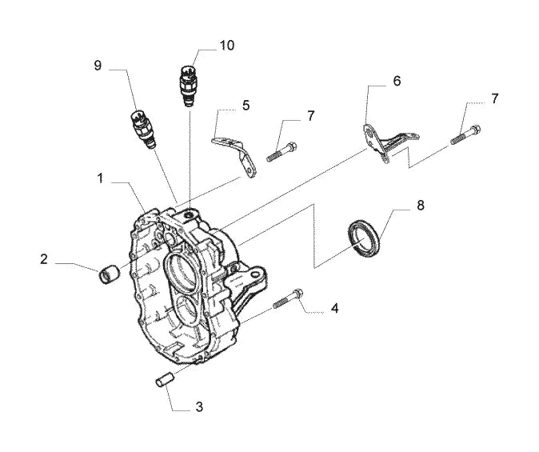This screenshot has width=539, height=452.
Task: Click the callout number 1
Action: pyautogui.click(x=100, y=178)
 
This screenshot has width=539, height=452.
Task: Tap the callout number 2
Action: pyautogui.click(x=43, y=259)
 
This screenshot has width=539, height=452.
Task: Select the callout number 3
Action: pyautogui.click(x=199, y=407)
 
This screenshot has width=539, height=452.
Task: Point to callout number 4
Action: pyautogui.click(x=334, y=308)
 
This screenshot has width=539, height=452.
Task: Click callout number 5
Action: pyautogui.click(x=246, y=106)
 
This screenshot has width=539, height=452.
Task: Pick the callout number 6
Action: pyautogui.click(x=397, y=81)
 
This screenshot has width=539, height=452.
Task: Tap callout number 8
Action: pyautogui.click(x=421, y=206)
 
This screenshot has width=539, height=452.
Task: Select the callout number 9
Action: pyautogui.click(x=98, y=66)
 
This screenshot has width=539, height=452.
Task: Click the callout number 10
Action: pyautogui.click(x=227, y=45)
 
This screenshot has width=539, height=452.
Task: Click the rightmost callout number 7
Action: pyautogui.click(x=494, y=98)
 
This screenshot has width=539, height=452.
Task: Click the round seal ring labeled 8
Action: pyautogui.click(x=365, y=239)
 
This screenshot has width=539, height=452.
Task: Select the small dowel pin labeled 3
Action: pyautogui.click(x=166, y=378)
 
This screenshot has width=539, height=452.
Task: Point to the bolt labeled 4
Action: pyautogui.click(x=288, y=298)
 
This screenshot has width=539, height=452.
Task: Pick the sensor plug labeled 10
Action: pyautogui.click(x=188, y=85)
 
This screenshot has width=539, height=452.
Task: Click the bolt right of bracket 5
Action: pyautogui.click(x=281, y=152)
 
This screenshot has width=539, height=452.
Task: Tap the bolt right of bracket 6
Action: pyautogui.click(x=465, y=134)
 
